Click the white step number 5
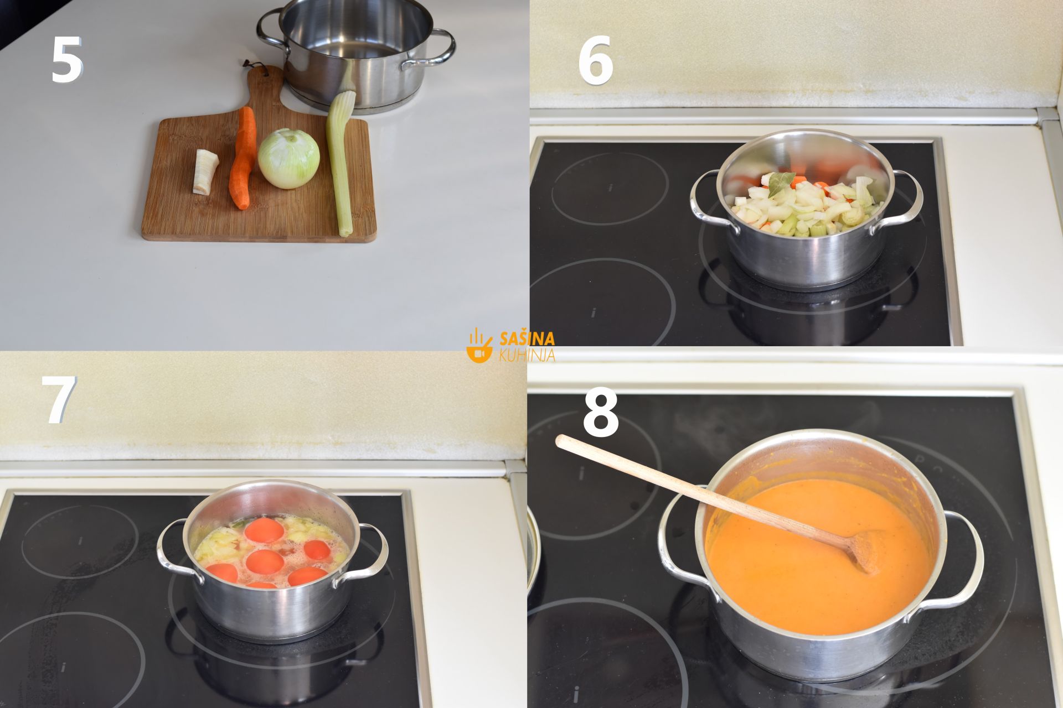point(66,60)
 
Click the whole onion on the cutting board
point(288,159)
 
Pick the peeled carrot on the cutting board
point(242,158)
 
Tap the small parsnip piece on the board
point(205,171)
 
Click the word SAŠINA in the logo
point(527,339)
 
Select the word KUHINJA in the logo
point(527,355)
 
